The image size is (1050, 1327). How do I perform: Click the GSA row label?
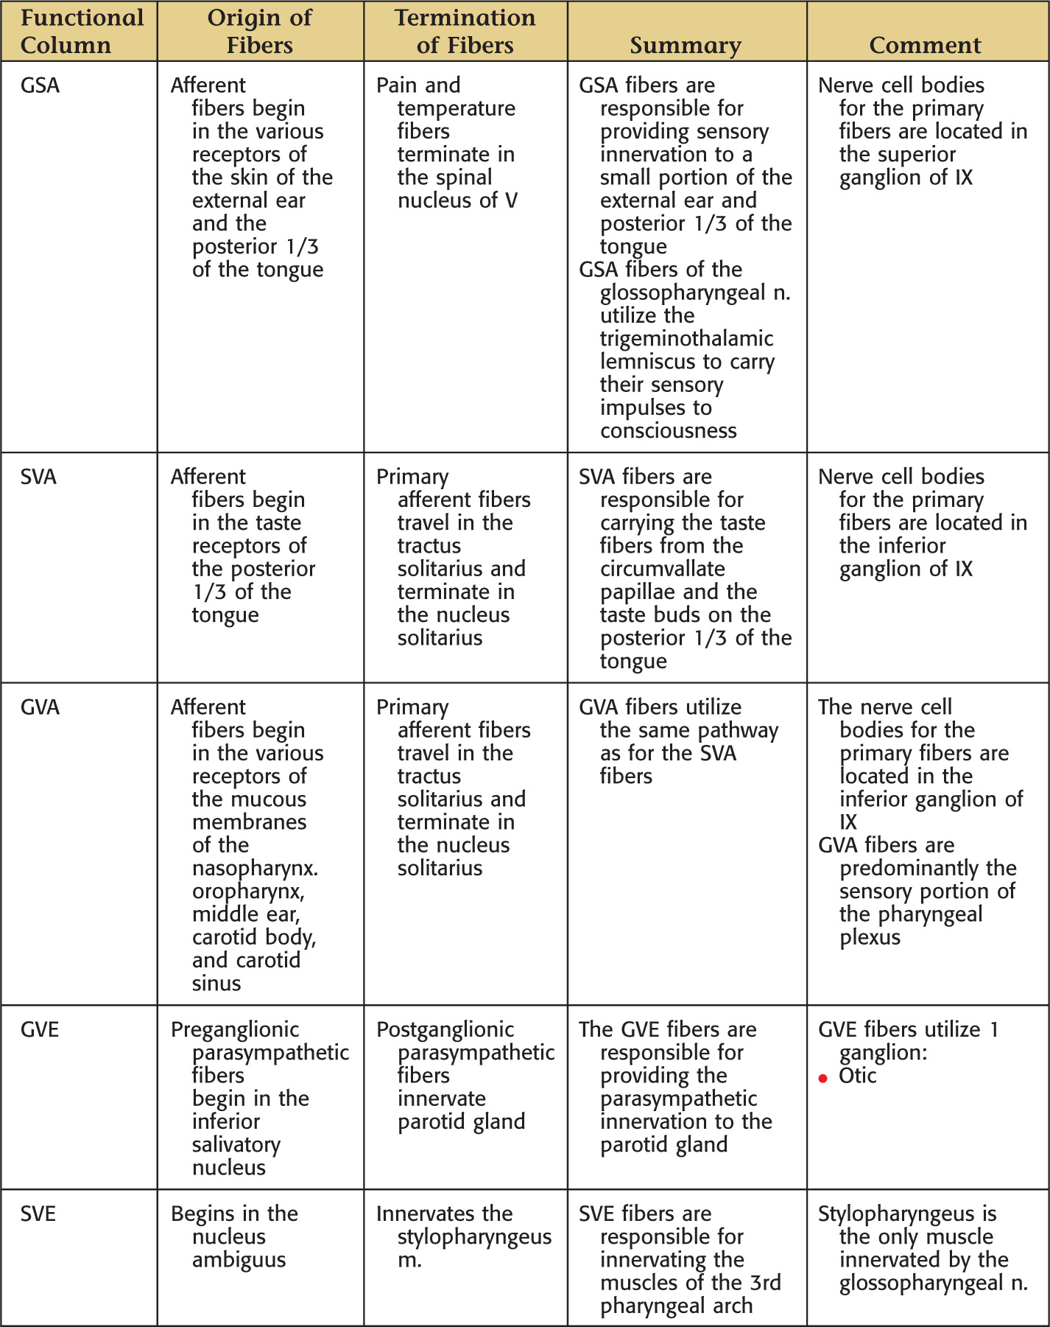click(40, 85)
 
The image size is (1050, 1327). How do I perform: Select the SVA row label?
click(38, 477)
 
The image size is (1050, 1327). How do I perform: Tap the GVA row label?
click(40, 707)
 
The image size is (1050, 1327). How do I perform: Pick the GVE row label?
click(40, 1029)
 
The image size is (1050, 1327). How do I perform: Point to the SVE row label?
click(38, 1214)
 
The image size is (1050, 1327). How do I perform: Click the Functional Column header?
click(82, 31)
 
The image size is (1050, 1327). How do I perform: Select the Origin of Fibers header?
click(259, 31)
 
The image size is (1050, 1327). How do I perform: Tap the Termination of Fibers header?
click(465, 31)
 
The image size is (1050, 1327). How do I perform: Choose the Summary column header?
click(685, 45)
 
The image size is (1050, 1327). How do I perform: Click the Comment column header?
click(925, 45)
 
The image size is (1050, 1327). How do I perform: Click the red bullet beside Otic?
click(823, 1079)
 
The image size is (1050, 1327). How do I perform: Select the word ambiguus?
click(239, 1260)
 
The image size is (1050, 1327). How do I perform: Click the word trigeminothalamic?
click(686, 339)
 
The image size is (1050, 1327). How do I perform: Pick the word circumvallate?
click(662, 569)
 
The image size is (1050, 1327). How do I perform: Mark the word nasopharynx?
click(255, 869)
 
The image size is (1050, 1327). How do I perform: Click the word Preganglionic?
click(235, 1029)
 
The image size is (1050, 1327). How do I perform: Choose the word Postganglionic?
click(445, 1029)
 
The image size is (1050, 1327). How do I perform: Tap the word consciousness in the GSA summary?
click(668, 431)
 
